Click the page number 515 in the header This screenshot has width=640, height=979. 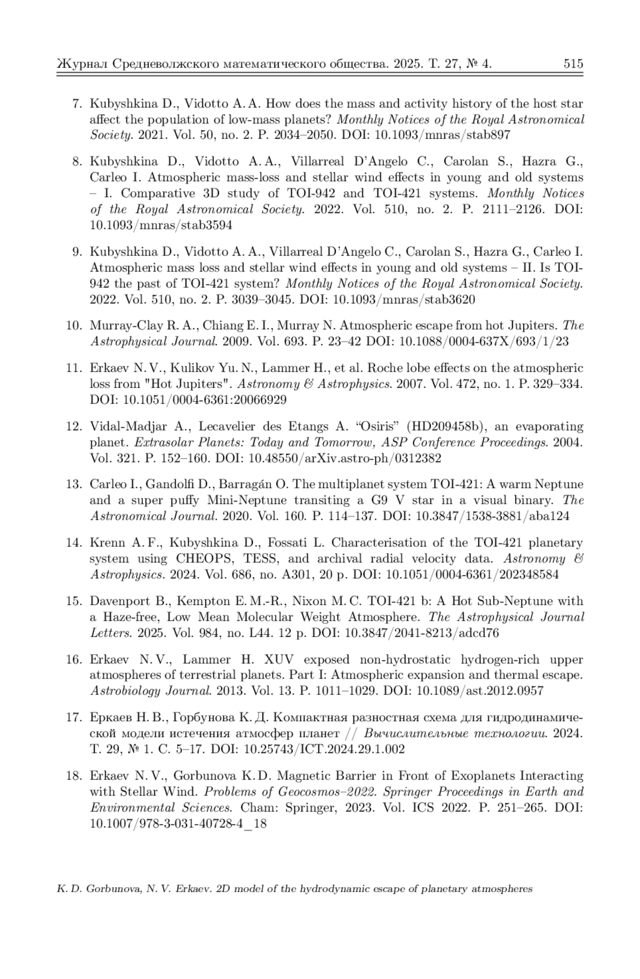tap(573, 64)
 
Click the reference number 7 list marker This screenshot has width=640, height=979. tap(76, 104)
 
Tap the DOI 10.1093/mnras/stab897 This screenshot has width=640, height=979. tap(443, 135)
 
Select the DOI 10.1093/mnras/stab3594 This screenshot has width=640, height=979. tap(161, 225)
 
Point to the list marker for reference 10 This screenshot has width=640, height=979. tap(74, 325)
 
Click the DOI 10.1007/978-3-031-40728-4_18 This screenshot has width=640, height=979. tap(178, 823)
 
